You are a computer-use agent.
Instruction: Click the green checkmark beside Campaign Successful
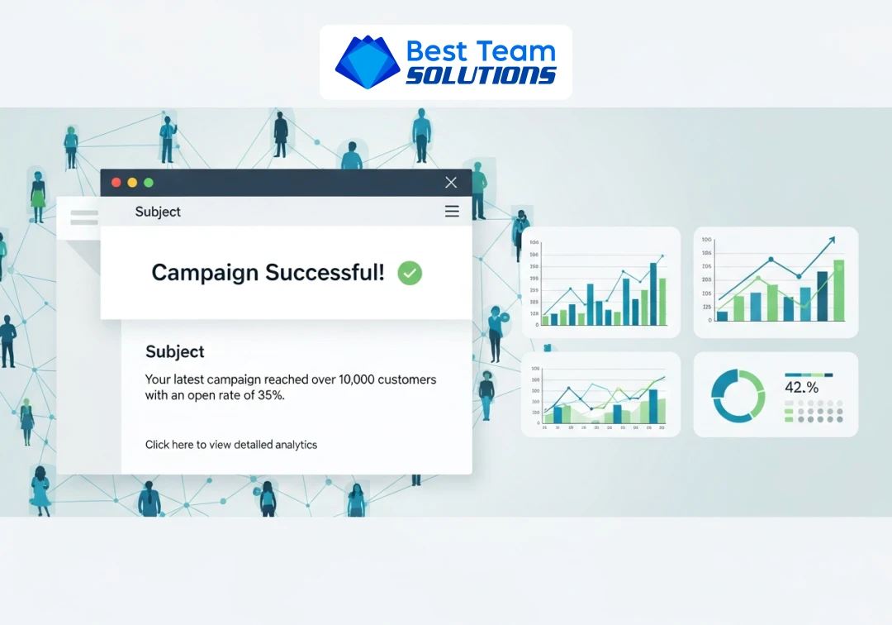[410, 273]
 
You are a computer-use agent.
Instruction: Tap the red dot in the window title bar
[116, 183]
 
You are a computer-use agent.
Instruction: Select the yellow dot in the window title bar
[132, 183]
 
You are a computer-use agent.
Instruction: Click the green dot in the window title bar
[149, 183]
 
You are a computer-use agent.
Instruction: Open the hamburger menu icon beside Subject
[452, 212]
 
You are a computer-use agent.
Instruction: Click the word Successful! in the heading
[334, 273]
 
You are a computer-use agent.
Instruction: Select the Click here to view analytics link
[231, 445]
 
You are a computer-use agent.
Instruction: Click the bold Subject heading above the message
[175, 351]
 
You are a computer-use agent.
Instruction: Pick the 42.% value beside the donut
[802, 388]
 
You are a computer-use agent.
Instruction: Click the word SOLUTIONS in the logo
[482, 75]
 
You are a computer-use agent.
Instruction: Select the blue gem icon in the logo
[367, 62]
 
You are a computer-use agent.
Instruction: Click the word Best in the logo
[437, 50]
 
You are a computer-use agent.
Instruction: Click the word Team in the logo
[517, 50]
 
